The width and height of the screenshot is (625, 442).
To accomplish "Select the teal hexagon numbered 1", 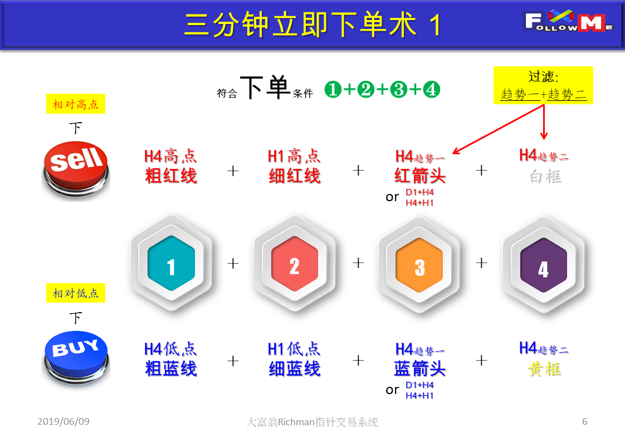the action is point(172,263).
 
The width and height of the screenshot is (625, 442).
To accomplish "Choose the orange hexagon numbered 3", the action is point(419,265).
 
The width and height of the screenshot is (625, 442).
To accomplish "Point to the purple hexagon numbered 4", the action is point(544,265).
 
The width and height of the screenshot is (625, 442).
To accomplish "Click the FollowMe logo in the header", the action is point(568,21).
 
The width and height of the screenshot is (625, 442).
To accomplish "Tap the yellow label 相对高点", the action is point(76,104).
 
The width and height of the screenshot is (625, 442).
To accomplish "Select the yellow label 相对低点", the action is point(76,293).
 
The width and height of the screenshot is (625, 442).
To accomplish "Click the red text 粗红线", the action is point(171,176).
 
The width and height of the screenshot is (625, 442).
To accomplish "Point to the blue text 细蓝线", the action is point(295,368).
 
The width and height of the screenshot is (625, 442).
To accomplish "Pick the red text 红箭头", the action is point(419,176).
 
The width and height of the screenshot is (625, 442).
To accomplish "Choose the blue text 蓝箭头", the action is point(419,368).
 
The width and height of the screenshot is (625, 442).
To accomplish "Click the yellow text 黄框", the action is point(544,369).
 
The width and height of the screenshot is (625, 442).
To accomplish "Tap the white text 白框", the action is point(545,176).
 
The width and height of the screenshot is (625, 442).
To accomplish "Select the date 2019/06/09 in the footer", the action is point(64,421).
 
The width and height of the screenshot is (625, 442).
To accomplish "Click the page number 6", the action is point(585,421).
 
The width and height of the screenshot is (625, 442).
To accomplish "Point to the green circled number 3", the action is point(399,89).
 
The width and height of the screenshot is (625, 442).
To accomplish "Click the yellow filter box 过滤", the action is point(543,85).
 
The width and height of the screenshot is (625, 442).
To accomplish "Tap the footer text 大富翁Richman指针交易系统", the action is point(312,422).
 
